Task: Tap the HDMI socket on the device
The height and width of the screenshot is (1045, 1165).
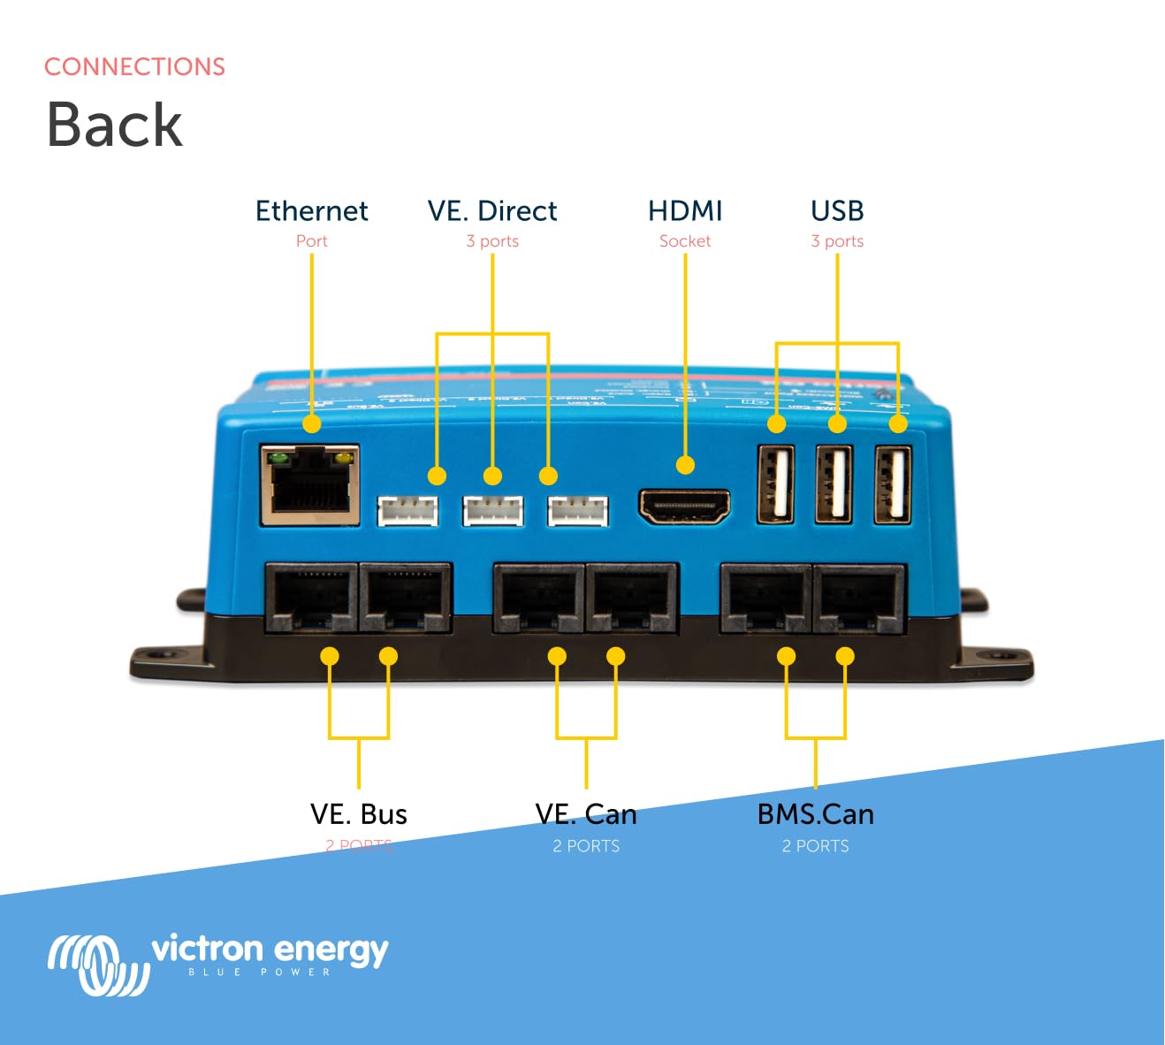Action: pyautogui.click(x=684, y=506)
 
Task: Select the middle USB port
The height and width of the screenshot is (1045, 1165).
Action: pyautogui.click(x=834, y=484)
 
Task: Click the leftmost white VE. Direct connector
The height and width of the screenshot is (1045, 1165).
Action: pyautogui.click(x=407, y=511)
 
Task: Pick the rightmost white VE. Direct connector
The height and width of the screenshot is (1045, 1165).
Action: pyautogui.click(x=577, y=511)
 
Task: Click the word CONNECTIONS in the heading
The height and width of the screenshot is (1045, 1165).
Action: pyautogui.click(x=134, y=67)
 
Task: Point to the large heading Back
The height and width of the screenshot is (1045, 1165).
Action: pyautogui.click(x=114, y=124)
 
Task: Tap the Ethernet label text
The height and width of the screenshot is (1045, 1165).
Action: pyautogui.click(x=311, y=211)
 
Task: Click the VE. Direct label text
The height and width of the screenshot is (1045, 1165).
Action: pyautogui.click(x=492, y=211)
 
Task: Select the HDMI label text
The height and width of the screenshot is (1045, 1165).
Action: pyautogui.click(x=685, y=211)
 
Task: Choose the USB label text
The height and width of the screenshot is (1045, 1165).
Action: pyautogui.click(x=837, y=211)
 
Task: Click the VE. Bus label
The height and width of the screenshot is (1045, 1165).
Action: pyautogui.click(x=358, y=814)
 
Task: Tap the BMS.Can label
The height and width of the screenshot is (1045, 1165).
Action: pyautogui.click(x=815, y=814)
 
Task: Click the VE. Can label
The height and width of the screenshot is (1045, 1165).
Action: pyautogui.click(x=586, y=814)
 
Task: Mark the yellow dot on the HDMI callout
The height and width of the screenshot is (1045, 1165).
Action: pyautogui.click(x=685, y=465)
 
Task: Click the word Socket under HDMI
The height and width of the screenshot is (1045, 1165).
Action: pyautogui.click(x=685, y=241)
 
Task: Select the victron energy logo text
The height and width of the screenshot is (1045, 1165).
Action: pyautogui.click(x=270, y=950)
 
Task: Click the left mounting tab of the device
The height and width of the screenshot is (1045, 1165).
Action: pyautogui.click(x=164, y=659)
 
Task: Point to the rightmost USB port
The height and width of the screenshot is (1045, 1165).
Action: pyautogui.click(x=893, y=484)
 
